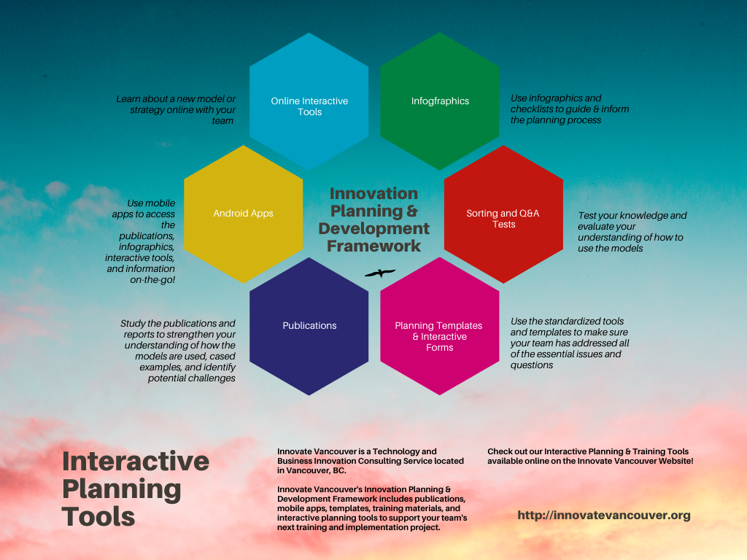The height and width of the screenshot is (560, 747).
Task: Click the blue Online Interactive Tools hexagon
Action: coord(309,101)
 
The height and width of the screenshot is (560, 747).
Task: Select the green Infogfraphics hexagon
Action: coord(440,101)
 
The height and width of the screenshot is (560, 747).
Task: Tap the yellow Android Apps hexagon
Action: coord(244,214)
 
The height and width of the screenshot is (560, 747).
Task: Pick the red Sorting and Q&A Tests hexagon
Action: coord(503,214)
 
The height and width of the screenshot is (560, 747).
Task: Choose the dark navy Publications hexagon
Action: coord(309,326)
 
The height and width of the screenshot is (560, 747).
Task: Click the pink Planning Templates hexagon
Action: coord(440,326)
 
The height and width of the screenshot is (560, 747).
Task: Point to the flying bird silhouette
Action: coord(380,273)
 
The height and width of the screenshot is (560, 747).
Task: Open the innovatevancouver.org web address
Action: coord(604,516)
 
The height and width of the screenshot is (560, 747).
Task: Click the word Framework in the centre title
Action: coord(374,246)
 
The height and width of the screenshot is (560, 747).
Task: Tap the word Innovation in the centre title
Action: coord(374,193)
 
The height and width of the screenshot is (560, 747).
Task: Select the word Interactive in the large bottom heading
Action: coord(136,461)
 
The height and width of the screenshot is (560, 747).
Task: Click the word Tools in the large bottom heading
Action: coord(98,517)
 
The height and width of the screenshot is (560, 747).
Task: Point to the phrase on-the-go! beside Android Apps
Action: coord(152,280)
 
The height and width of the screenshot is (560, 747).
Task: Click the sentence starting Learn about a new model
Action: coord(176,110)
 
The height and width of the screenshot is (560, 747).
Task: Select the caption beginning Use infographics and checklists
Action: coord(570,109)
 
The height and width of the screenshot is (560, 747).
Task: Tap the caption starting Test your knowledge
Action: coord(632,232)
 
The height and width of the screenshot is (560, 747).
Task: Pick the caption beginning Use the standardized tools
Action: coord(570,343)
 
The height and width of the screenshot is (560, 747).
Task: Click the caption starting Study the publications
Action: coord(178,351)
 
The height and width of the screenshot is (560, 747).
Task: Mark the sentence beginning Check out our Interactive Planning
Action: coord(590,456)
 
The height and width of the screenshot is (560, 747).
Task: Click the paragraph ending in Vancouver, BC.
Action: coord(370,461)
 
